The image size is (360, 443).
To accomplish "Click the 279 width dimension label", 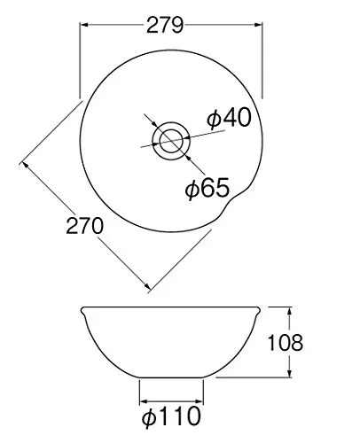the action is (165, 25).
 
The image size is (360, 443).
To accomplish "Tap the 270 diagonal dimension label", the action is (84, 226).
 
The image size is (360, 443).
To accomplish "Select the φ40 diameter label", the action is (229, 118).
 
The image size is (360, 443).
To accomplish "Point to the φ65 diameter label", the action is (207, 188).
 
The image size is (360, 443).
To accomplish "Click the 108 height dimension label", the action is (285, 343).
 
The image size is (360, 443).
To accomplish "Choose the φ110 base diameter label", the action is (171, 416).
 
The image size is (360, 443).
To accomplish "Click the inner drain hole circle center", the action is (171, 141).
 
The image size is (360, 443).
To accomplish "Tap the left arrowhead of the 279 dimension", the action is (84, 25).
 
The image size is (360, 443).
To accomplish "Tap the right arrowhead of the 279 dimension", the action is (258, 25).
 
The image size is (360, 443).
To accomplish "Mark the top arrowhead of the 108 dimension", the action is (290, 311).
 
